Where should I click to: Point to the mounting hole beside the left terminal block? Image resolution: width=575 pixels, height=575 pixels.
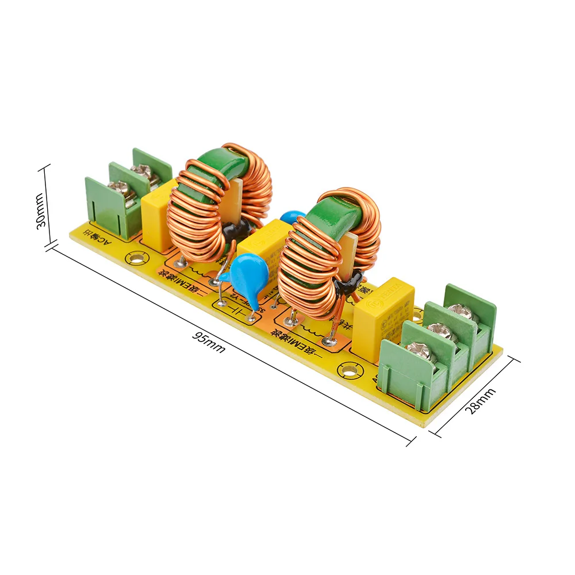[x=136, y=258]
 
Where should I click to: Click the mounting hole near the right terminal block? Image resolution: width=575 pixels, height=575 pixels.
[x=348, y=369]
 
